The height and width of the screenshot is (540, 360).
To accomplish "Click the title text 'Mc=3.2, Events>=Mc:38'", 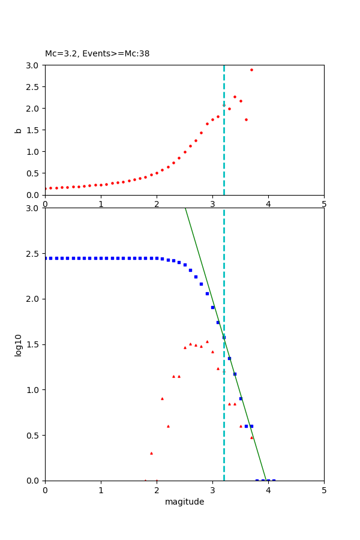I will [x=97, y=54].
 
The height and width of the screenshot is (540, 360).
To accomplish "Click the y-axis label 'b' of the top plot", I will [x=19, y=130].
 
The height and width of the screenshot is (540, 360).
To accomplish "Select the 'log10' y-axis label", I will [x=19, y=344].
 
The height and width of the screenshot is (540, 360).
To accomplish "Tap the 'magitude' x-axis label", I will [x=184, y=502].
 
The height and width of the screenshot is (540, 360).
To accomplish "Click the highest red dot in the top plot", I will [x=251, y=70].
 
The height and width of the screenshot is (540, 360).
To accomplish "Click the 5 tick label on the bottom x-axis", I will [x=324, y=490].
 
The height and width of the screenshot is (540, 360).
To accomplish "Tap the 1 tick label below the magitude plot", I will [x=101, y=490].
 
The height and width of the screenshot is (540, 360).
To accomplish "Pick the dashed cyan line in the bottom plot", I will [x=224, y=420].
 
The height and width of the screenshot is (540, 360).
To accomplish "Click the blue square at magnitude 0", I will [x=46, y=258].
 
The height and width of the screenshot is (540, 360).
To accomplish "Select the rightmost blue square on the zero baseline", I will [x=274, y=481].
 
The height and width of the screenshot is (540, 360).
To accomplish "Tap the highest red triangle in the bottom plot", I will [x=207, y=341].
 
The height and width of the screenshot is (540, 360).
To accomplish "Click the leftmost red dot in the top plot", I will [x=46, y=188].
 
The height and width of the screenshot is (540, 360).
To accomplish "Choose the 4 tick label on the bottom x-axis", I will [x=268, y=490].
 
